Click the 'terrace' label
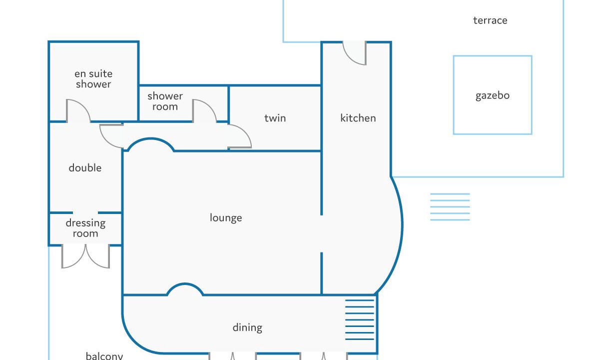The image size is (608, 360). [x=490, y=20]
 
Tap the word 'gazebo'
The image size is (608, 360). [x=493, y=95]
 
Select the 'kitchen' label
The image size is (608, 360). [x=358, y=118]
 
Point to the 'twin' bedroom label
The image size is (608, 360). [x=275, y=118]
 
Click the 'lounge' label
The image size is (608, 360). [x=226, y=217]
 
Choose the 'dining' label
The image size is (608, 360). [x=247, y=327]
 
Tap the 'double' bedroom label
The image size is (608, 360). [x=85, y=167]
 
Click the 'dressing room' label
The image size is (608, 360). [x=85, y=228]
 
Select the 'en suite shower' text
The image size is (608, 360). [x=93, y=79]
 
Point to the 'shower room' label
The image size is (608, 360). [x=165, y=101]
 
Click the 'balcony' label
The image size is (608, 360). [x=104, y=355]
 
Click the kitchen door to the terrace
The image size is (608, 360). [x=355, y=53]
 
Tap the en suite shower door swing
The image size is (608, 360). [x=78, y=111]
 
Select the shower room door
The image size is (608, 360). [x=205, y=111]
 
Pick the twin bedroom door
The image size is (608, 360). [x=240, y=136]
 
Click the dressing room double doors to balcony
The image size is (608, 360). [x=86, y=256]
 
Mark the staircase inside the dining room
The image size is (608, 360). [x=360, y=320]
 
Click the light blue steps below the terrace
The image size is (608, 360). [x=450, y=207]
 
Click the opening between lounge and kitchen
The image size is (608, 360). [x=322, y=233]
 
